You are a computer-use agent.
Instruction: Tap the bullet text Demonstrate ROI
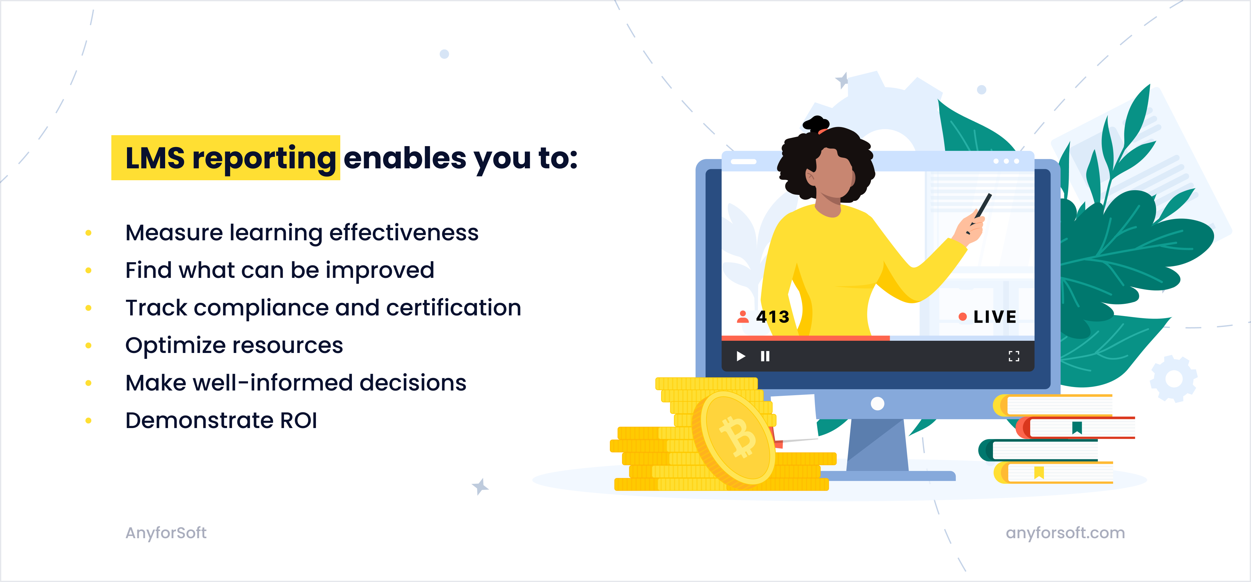pyautogui.click(x=221, y=420)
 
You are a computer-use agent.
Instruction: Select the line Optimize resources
pyautogui.click(x=234, y=345)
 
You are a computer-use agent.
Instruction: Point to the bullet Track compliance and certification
pyautogui.click(x=323, y=308)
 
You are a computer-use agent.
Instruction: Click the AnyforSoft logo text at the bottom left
pyautogui.click(x=166, y=533)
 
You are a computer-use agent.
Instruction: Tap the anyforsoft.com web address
pyautogui.click(x=1065, y=533)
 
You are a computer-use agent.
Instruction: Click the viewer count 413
pyautogui.click(x=772, y=317)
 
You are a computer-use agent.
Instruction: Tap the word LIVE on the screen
pyautogui.click(x=995, y=317)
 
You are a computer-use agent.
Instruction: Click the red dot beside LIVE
pyautogui.click(x=962, y=317)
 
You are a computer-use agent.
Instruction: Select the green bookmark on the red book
pyautogui.click(x=1077, y=427)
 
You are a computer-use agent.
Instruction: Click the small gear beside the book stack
pyautogui.click(x=1174, y=378)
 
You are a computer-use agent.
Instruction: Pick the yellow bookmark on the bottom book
pyautogui.click(x=1039, y=472)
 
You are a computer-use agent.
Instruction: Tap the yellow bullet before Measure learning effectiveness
pyautogui.click(x=89, y=233)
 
